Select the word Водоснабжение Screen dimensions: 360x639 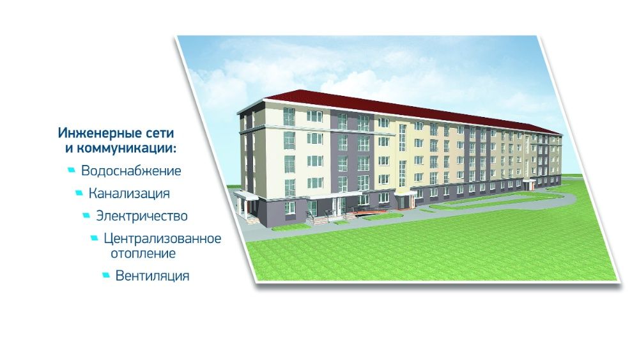pos(131,171)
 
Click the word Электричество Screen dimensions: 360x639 pos(141,215)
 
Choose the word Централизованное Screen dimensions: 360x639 pos(162,239)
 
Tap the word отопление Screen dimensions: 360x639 pos(139,253)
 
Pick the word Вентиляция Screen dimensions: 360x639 pos(152,276)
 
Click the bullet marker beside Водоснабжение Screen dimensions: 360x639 pos(71,171)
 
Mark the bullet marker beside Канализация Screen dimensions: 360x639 pos(79,192)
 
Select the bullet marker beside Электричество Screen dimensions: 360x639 pos(86,215)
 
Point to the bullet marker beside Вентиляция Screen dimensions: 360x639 pos(105,276)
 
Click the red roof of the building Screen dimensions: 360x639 pos(383,106)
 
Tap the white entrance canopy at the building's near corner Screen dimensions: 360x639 pos(245,194)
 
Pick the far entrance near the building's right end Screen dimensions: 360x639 pos(528,184)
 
